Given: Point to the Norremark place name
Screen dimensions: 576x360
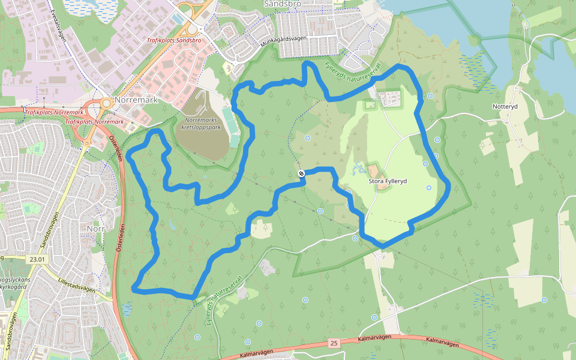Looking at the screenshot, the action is (138, 100).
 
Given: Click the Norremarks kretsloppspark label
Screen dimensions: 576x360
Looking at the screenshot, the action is (200, 123).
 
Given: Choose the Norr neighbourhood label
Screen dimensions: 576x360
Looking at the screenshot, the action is (95, 229).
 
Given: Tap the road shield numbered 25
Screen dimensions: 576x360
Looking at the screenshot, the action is (334, 343).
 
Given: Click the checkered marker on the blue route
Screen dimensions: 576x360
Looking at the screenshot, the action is (301, 173).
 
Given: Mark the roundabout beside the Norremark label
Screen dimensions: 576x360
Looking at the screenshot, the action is (107, 103).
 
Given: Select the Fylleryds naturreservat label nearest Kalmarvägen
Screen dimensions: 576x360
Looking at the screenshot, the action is (223, 301).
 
